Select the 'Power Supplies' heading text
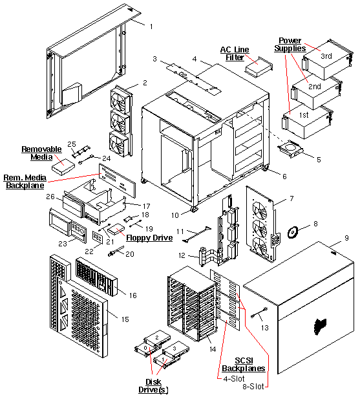coord(289,43)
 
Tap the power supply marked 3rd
coord(325,58)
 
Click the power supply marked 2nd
coord(313,89)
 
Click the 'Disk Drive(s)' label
coord(154,385)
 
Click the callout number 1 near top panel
coord(151,27)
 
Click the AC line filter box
coord(266,67)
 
